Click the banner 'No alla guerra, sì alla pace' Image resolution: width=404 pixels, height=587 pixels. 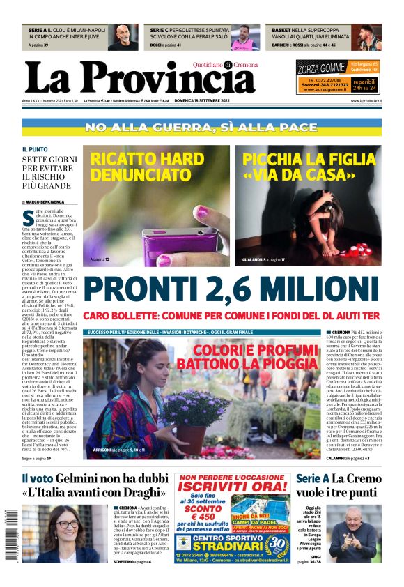(x=201, y=128)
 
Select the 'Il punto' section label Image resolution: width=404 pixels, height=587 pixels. (x=35, y=149)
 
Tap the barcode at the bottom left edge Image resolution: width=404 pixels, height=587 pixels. (x=8, y=544)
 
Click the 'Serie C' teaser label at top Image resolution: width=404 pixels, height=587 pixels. (x=160, y=31)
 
